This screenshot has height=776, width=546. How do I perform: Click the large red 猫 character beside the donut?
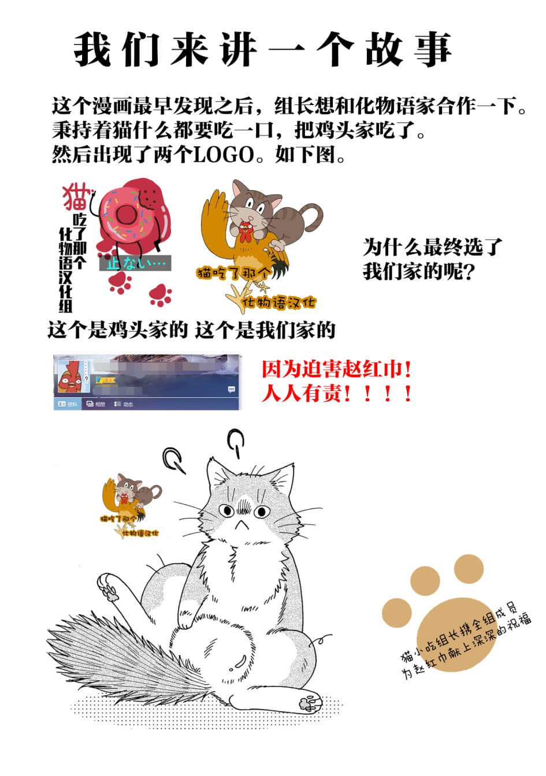point(76,197)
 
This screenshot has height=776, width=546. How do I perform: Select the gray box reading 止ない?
point(135,263)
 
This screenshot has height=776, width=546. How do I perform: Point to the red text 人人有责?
point(337,394)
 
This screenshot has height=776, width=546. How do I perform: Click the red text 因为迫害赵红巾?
point(337,368)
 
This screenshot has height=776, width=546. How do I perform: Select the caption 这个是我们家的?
point(265,330)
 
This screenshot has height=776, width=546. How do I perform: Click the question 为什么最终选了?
point(433,247)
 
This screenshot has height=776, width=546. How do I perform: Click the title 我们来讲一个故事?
point(263,48)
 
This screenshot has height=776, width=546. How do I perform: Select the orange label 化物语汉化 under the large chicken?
point(279,302)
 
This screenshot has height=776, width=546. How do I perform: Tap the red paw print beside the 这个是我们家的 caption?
point(159,294)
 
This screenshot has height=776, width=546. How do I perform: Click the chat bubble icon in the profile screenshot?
point(231,389)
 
